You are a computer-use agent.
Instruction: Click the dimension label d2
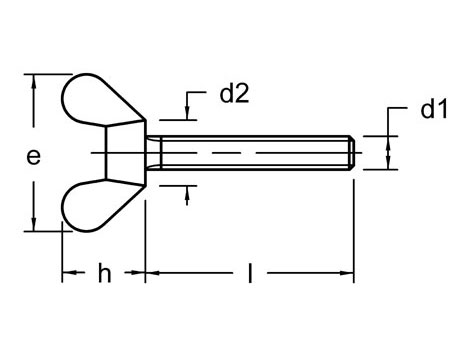[233, 95]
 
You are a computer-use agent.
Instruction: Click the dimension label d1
[434, 110]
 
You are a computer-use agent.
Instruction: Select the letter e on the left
[34, 157]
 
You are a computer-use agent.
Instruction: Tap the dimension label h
[104, 274]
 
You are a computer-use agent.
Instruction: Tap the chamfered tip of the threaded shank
[352, 153]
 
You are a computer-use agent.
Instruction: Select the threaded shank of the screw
[250, 153]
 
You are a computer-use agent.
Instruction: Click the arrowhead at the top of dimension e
[36, 80]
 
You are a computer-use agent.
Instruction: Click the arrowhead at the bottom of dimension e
[36, 225]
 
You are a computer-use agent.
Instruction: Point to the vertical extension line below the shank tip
[355, 220]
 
